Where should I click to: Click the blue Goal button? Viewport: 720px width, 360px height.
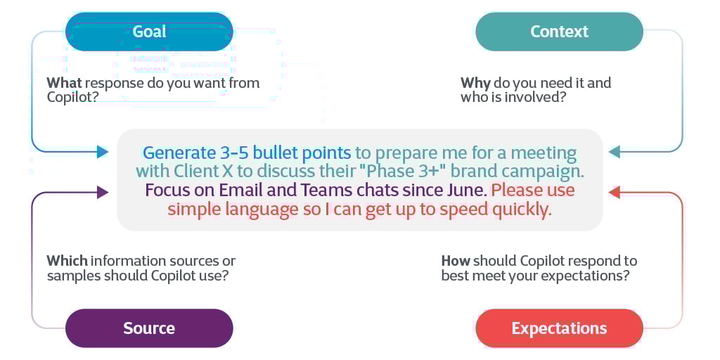pos(149,32)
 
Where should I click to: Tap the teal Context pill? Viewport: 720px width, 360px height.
pos(559,32)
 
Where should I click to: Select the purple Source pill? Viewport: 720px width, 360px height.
pos(149,328)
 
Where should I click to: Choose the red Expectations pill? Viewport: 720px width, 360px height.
pos(559,328)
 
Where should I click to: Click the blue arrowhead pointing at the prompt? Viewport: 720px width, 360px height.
pos(103,152)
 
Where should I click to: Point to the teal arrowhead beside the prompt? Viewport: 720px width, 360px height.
pos(614,152)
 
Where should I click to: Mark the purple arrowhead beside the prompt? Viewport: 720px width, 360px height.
pos(103,192)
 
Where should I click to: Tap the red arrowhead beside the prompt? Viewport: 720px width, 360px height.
pos(614,192)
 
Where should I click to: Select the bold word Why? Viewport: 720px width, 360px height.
pos(475,83)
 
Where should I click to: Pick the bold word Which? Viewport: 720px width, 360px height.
pos(67,261)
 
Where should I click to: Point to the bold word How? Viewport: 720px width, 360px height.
pos(456,261)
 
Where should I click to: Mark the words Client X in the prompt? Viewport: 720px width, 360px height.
pos(199,172)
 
